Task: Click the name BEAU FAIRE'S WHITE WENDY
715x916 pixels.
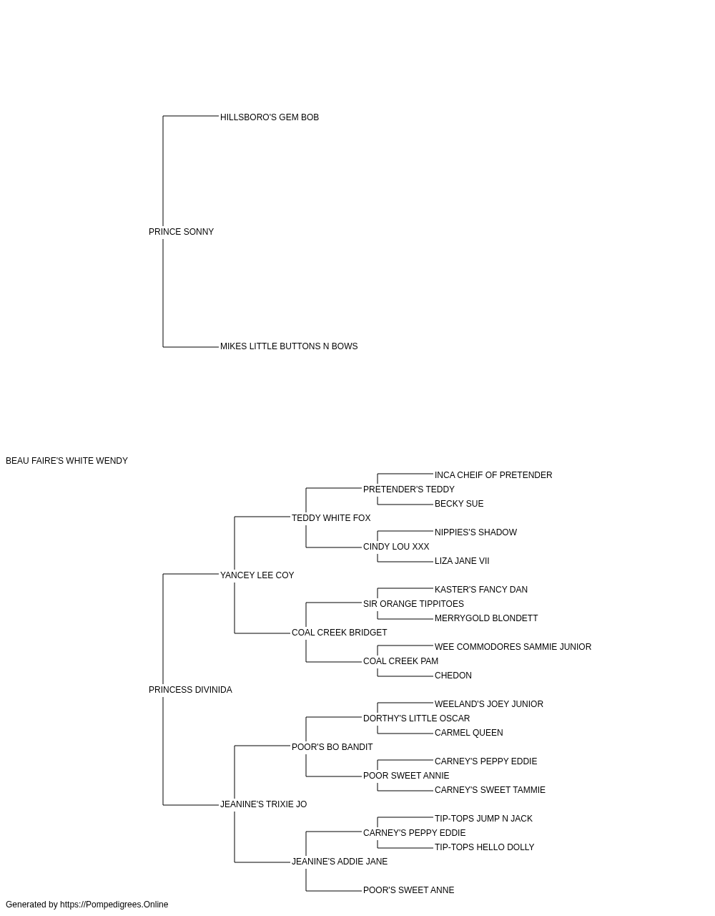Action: pyautogui.click(x=66, y=461)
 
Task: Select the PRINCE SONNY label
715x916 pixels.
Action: pyautogui.click(x=181, y=232)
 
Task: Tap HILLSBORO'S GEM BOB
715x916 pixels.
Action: pyautogui.click(x=270, y=117)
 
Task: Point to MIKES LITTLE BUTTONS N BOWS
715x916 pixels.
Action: pyautogui.click(x=289, y=346)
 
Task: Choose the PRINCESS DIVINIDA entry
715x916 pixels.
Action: pyautogui.click(x=190, y=690)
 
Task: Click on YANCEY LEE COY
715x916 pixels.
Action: pyautogui.click(x=257, y=575)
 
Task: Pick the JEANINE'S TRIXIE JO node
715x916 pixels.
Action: pyautogui.click(x=264, y=804)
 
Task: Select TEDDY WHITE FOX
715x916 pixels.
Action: pyautogui.click(x=331, y=517)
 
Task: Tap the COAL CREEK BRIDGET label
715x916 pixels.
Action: pyautogui.click(x=340, y=633)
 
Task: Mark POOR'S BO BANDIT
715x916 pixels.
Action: pyautogui.click(x=332, y=747)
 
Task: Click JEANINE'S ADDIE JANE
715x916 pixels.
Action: pyautogui.click(x=340, y=862)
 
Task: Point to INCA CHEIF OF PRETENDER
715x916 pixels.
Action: pyautogui.click(x=493, y=475)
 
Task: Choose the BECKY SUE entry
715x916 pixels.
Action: pyautogui.click(x=459, y=504)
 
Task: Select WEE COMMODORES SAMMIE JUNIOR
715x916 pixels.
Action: pyautogui.click(x=513, y=647)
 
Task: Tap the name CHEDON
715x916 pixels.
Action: pyautogui.click(x=453, y=676)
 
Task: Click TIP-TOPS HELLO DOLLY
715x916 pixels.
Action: pyautogui.click(x=484, y=847)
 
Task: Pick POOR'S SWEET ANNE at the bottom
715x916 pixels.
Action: pyautogui.click(x=408, y=890)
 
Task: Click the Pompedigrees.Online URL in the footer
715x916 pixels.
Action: pyautogui.click(x=114, y=905)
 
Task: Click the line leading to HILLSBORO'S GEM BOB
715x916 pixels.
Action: pyautogui.click(x=191, y=116)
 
